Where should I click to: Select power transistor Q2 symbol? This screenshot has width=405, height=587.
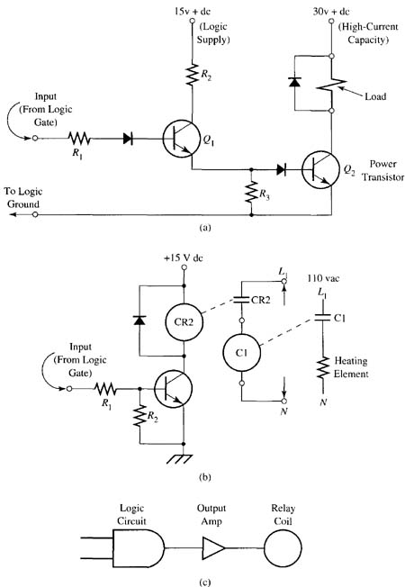(x=320, y=170)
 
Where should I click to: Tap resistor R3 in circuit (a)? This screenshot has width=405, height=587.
(x=251, y=192)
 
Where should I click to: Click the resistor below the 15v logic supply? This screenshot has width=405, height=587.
(x=193, y=75)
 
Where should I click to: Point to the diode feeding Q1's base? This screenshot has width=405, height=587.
(x=128, y=139)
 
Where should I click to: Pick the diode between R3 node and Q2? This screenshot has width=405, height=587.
(x=282, y=170)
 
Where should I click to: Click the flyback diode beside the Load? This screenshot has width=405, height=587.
(x=295, y=82)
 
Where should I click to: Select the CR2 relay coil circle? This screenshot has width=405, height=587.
(x=184, y=322)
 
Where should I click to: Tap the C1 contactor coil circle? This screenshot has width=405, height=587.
(x=242, y=353)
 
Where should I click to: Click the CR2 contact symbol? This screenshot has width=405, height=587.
(x=242, y=300)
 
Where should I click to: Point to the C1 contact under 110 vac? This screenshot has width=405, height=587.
(x=322, y=318)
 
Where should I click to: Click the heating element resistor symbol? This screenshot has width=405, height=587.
(x=323, y=368)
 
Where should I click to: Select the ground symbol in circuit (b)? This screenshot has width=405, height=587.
(x=179, y=459)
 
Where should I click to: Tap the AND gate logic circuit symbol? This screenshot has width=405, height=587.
(x=139, y=548)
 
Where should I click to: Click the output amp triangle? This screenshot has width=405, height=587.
(x=213, y=548)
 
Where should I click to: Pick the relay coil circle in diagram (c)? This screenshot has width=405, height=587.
(x=283, y=548)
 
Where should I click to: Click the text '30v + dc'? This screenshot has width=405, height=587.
(x=331, y=11)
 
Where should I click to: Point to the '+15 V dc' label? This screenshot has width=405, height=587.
(x=184, y=257)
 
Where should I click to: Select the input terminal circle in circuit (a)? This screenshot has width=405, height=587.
(x=35, y=138)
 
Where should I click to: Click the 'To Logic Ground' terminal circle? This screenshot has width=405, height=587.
(x=35, y=214)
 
